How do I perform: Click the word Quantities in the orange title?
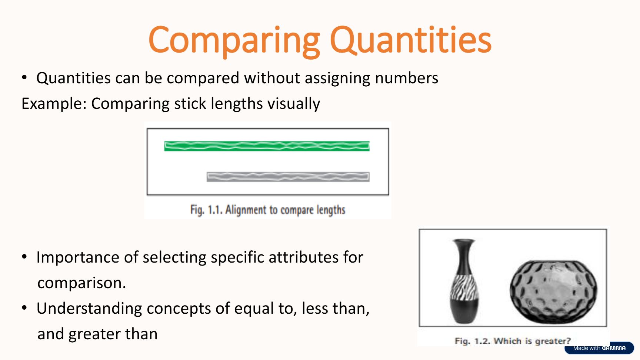click(411, 40)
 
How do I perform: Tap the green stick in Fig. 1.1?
click(267, 146)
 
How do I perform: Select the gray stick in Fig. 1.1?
click(288, 177)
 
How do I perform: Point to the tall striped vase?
click(464, 281)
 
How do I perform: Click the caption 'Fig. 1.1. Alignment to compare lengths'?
click(268, 210)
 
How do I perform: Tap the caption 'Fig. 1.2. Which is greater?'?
click(513, 341)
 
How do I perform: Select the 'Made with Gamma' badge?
click(599, 348)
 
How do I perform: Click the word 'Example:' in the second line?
click(54, 104)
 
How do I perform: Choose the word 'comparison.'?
click(82, 283)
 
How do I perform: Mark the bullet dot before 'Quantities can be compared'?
click(24, 77)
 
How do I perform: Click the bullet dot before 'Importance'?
click(24, 257)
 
